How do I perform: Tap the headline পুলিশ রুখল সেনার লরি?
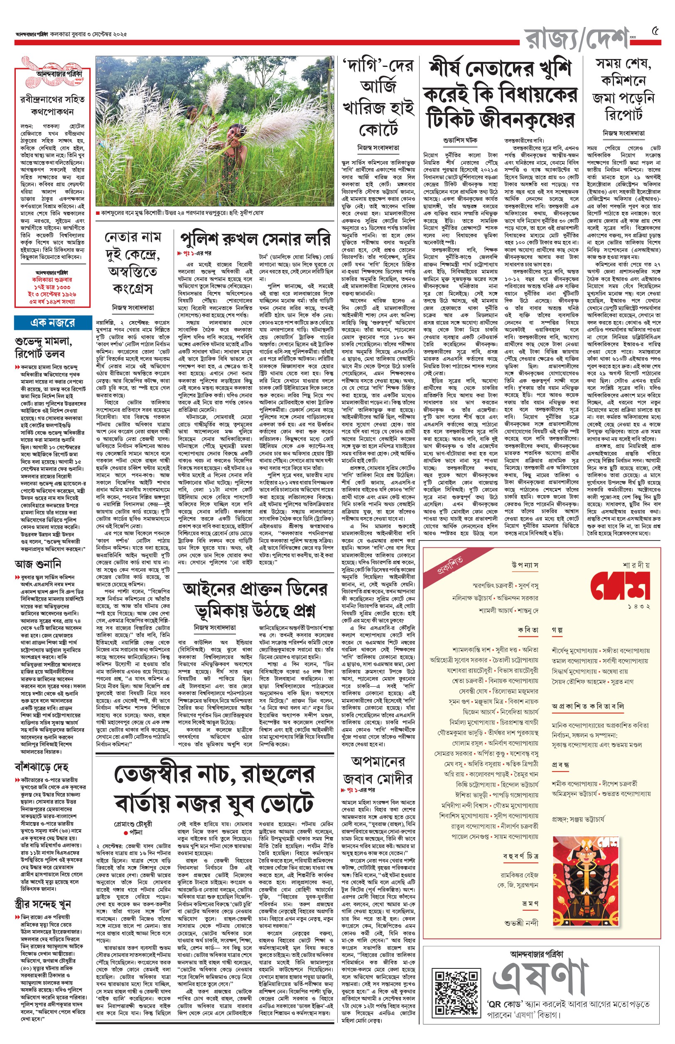pos(255,239)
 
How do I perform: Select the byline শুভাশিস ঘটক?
pos(460,140)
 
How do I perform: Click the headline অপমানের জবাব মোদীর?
pos(378,770)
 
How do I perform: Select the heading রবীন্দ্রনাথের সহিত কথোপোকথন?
pos(52,105)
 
